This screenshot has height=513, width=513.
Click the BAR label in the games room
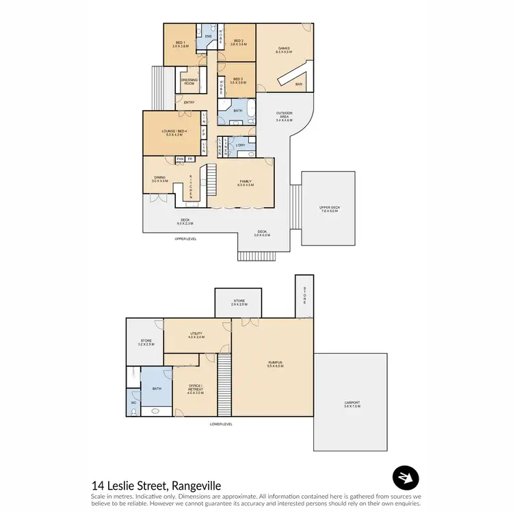298,85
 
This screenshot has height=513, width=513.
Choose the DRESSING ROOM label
189,81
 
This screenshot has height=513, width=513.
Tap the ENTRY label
189,103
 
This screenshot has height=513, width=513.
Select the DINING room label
159,179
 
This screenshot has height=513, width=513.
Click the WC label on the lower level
133,403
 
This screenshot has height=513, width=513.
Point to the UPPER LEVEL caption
185,239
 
